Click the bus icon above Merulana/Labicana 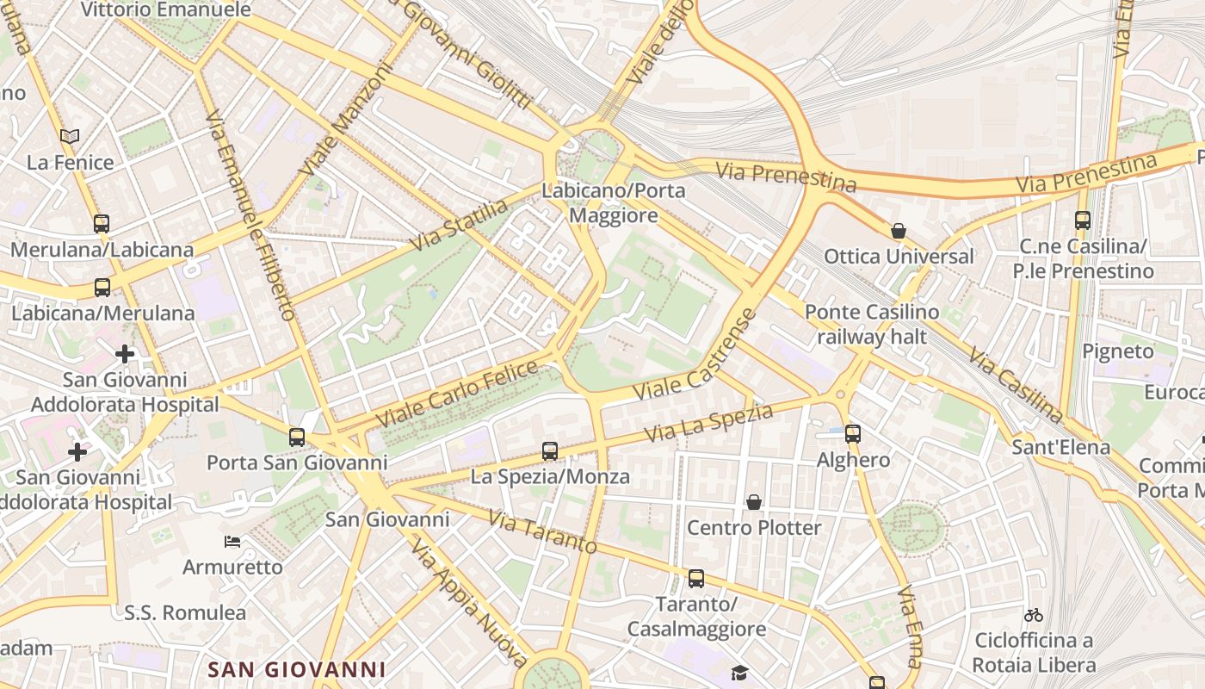[x=102, y=224]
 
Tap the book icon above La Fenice [x=70, y=136]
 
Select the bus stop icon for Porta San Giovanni [x=297, y=437]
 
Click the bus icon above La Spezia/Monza [x=549, y=450]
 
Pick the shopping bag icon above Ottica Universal [x=899, y=231]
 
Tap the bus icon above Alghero [x=852, y=433]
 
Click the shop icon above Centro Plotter [x=754, y=501]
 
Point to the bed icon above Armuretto [x=232, y=542]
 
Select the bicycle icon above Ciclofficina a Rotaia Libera [x=1034, y=615]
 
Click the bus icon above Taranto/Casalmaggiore [x=695, y=578]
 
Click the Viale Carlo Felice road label [x=457, y=393]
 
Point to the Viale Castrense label [x=697, y=356]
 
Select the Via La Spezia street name [x=709, y=424]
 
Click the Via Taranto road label [x=542, y=532]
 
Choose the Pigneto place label [x=1117, y=351]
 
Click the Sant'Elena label [x=1060, y=447]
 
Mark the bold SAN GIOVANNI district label [x=297, y=669]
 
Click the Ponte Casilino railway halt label [x=872, y=324]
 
